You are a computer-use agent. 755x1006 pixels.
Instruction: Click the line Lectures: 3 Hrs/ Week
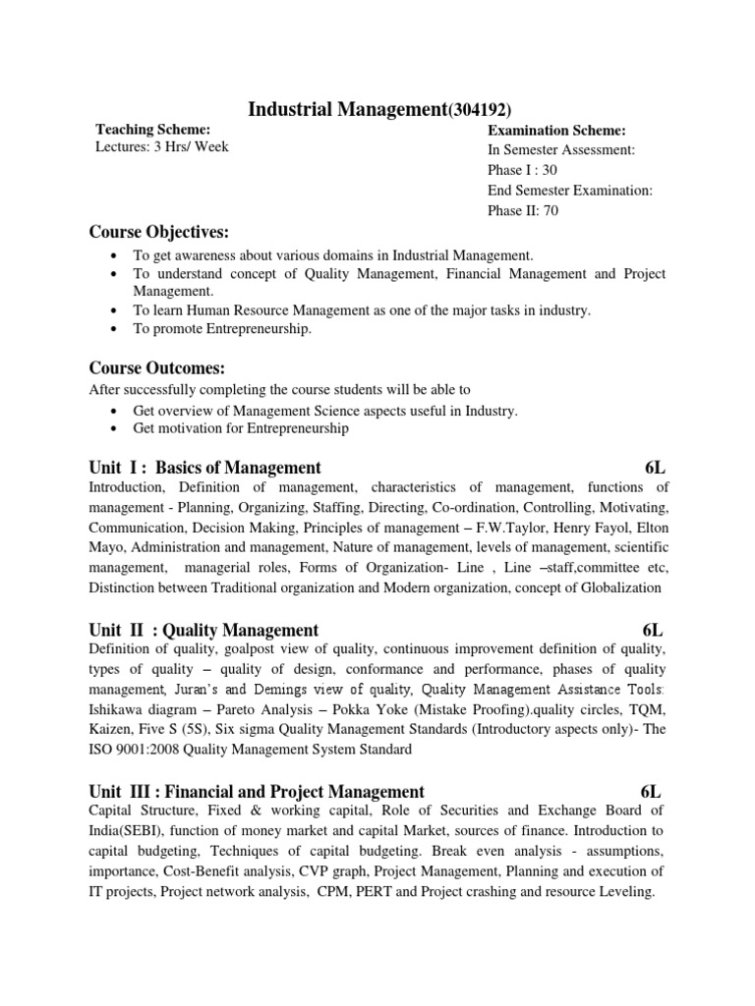click(162, 147)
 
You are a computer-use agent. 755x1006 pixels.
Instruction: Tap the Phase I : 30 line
click(523, 170)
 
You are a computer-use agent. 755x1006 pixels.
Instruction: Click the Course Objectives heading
click(158, 232)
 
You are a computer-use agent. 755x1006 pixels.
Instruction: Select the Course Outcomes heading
click(157, 368)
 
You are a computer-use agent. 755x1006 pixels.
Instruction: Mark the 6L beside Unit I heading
click(655, 468)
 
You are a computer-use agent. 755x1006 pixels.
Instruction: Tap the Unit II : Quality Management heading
click(203, 630)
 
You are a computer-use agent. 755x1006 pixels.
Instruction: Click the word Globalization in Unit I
click(614, 588)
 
